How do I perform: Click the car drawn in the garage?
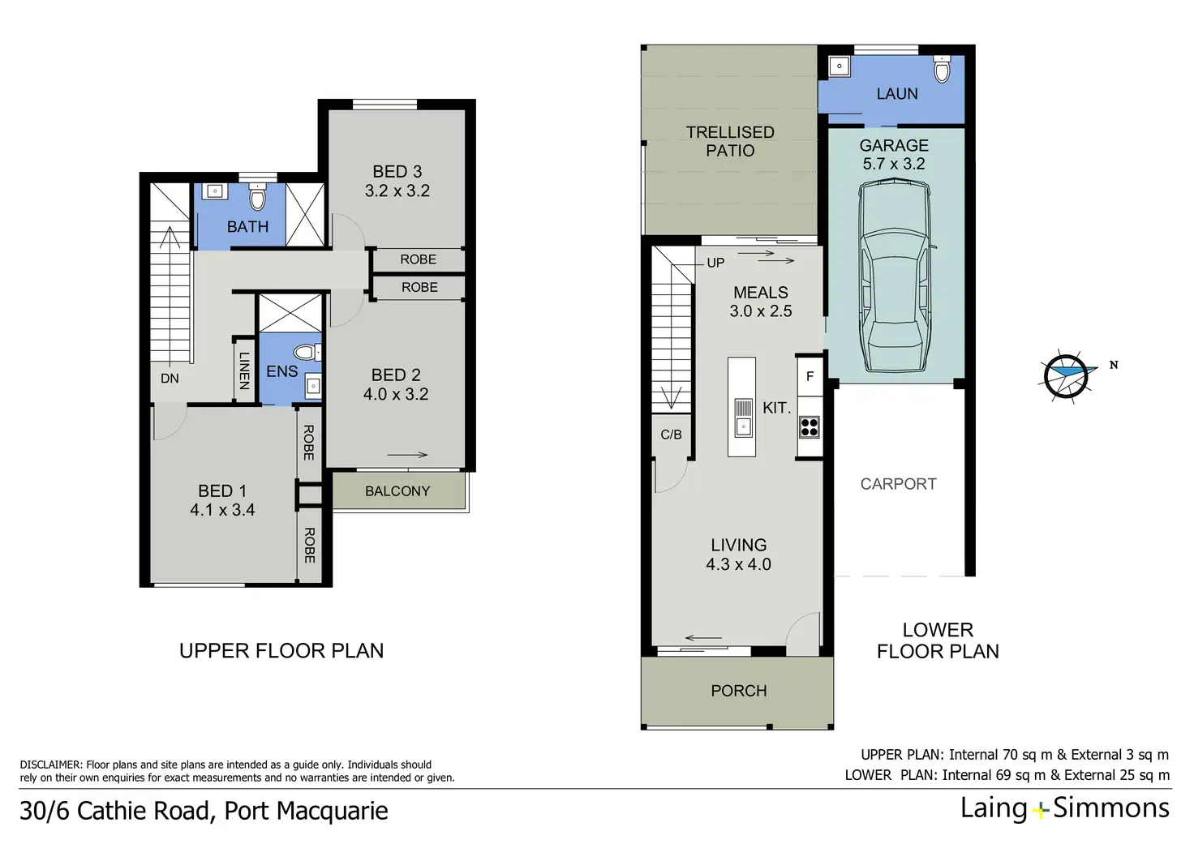(895, 276)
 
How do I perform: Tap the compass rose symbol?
(1067, 376)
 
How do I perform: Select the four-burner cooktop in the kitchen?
(810, 427)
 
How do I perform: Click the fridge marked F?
(810, 376)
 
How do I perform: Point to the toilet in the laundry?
(942, 69)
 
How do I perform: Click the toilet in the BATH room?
(257, 197)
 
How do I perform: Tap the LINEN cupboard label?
(244, 371)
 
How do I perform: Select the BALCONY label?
(397, 491)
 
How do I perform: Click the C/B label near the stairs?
(671, 435)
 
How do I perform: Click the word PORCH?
(739, 691)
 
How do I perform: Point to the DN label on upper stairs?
(170, 379)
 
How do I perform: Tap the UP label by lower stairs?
(715, 263)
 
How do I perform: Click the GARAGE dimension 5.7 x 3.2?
(894, 164)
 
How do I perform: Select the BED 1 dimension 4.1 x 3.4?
(222, 510)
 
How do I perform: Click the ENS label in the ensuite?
(282, 371)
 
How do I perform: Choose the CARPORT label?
(899, 484)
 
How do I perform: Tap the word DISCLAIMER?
(50, 765)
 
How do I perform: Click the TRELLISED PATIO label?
(730, 141)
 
